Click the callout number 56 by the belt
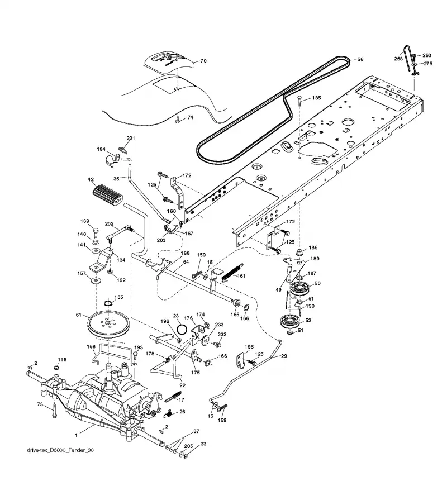(x=360, y=59)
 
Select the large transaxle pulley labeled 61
(x=108, y=325)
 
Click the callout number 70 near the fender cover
(x=203, y=61)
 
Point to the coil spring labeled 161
(x=232, y=272)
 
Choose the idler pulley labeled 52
(x=290, y=322)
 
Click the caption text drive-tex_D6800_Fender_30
(x=60, y=450)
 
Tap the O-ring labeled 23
(x=182, y=330)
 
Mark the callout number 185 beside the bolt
(x=316, y=98)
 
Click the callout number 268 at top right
(x=398, y=59)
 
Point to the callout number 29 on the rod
(x=284, y=356)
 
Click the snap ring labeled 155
(x=108, y=303)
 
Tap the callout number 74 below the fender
(x=190, y=117)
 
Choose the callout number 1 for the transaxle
(x=76, y=435)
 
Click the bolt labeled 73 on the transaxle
(x=54, y=410)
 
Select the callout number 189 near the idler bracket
(x=315, y=259)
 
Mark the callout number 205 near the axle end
(x=189, y=446)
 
